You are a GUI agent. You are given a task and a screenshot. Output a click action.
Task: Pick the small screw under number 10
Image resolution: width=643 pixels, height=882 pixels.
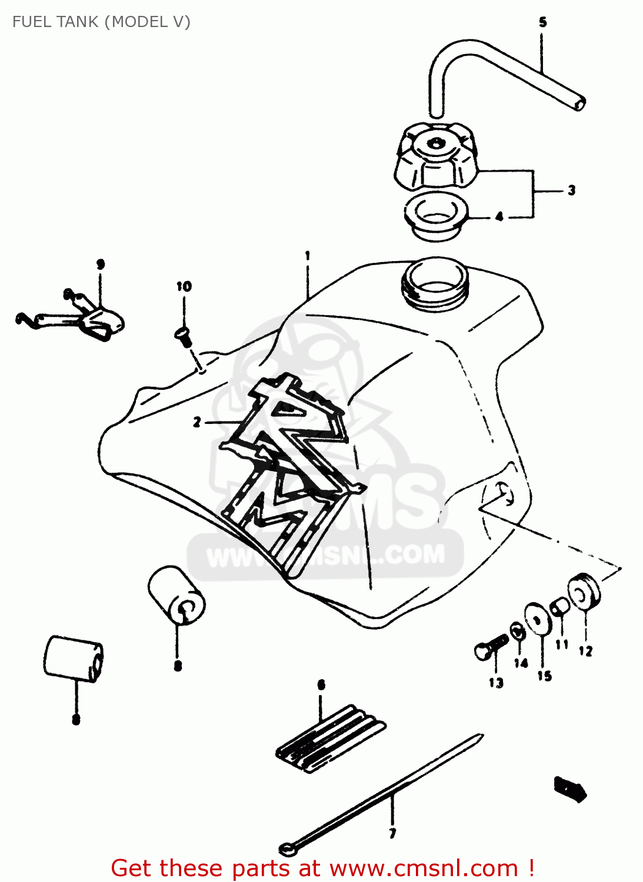click(x=183, y=336)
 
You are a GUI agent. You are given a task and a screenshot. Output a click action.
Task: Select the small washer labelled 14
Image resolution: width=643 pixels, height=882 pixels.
click(x=518, y=632)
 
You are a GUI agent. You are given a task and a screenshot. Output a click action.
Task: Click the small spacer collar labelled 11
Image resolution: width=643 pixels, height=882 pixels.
click(x=559, y=606)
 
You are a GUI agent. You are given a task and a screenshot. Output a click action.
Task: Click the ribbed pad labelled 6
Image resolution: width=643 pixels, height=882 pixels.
click(x=330, y=739)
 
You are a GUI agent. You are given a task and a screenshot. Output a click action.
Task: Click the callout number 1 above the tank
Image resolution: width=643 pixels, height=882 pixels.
click(x=307, y=256)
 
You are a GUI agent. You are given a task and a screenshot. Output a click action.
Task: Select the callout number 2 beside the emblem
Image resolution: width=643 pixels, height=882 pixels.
click(x=197, y=422)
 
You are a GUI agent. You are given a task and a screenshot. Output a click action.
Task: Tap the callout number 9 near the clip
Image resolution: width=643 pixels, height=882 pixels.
click(x=101, y=264)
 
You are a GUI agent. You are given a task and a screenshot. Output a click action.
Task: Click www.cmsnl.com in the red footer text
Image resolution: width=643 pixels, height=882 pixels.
click(x=424, y=868)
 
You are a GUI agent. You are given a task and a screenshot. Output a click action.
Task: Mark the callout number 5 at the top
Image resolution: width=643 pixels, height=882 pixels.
click(x=542, y=22)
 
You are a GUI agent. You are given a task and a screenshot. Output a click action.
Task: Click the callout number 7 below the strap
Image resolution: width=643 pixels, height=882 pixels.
click(x=392, y=833)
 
